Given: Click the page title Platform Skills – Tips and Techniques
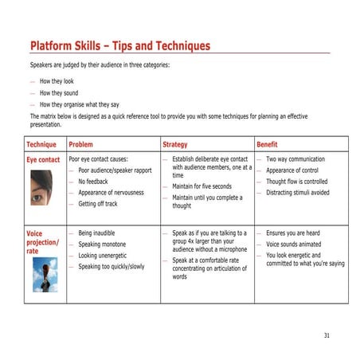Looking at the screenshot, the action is pyautogui.click(x=120, y=46).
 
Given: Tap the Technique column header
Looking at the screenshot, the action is pyautogui.click(x=41, y=144).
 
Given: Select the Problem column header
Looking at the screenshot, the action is pyautogui.click(x=81, y=144).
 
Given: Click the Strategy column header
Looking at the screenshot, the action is pyautogui.click(x=175, y=144).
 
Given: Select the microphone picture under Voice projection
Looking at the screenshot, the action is pyautogui.click(x=45, y=274).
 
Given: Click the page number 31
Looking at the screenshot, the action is pyautogui.click(x=327, y=335).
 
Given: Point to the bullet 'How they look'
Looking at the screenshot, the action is pyautogui.click(x=57, y=81).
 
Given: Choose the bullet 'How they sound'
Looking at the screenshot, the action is pyautogui.click(x=59, y=92).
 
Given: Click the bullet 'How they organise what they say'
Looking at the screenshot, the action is pyautogui.click(x=80, y=104).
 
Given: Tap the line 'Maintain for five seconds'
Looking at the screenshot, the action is pyautogui.click(x=202, y=186).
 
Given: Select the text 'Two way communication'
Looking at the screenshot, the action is pyautogui.click(x=295, y=159).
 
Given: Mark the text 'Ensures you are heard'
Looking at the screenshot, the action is pyautogui.click(x=293, y=233).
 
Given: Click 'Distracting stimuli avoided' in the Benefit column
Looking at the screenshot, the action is pyautogui.click(x=298, y=193).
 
